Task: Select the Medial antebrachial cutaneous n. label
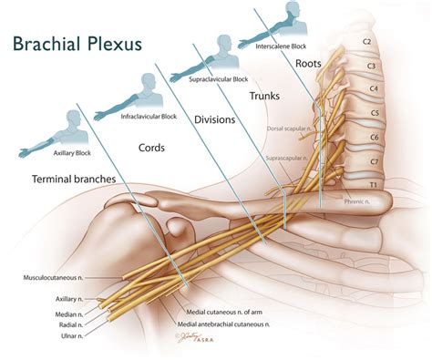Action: click(x=241, y=323)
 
